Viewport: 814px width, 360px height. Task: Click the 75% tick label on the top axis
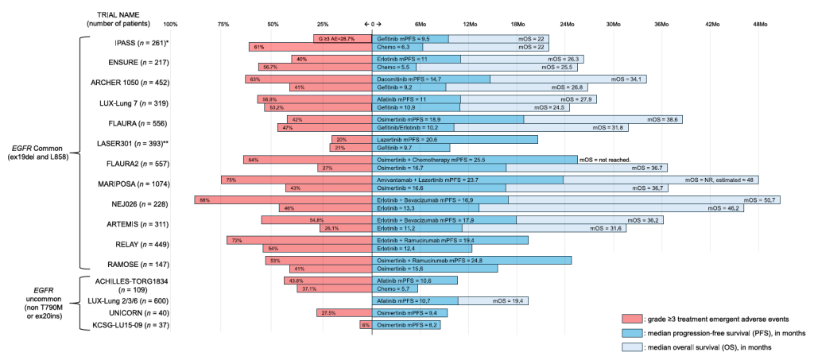click(223, 25)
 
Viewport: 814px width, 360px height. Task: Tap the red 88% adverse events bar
click(284, 199)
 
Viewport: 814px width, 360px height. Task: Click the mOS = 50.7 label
click(762, 199)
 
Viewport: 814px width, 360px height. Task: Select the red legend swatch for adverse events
click(633, 317)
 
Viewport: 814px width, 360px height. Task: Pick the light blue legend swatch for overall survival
click(633, 347)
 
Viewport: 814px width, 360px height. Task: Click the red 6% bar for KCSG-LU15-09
click(366, 325)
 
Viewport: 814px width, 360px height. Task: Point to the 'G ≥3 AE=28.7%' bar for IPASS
click(343, 38)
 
